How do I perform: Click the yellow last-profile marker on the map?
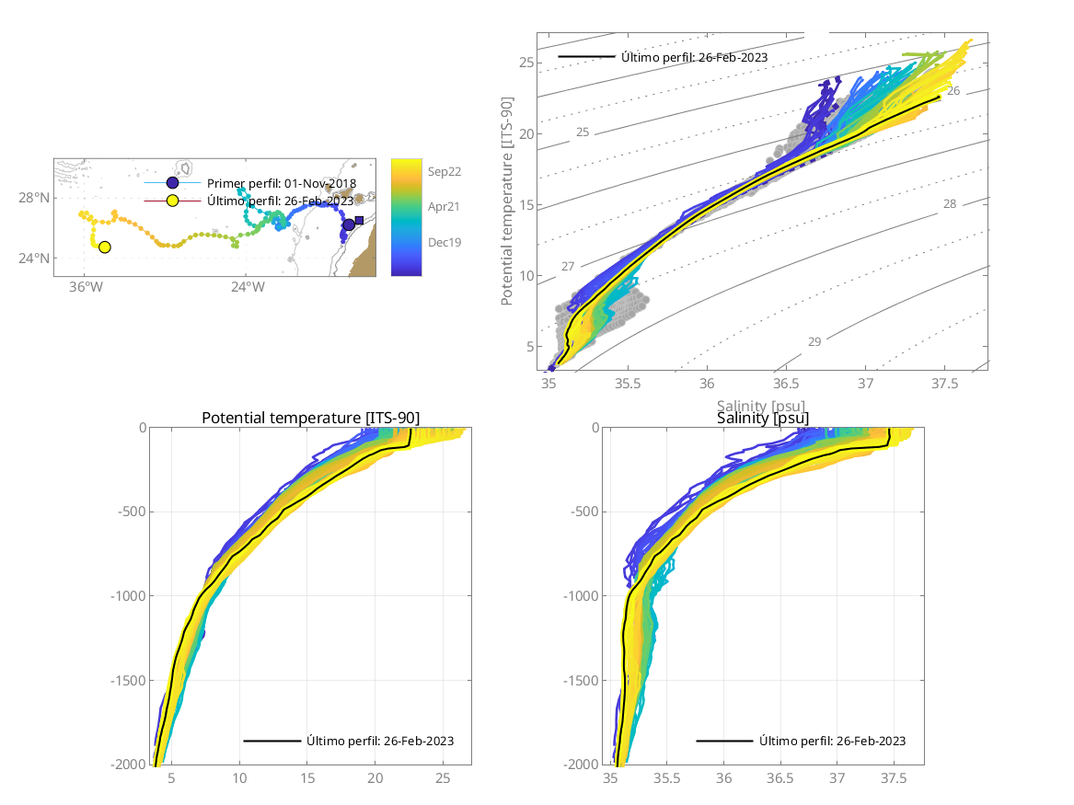pyautogui.click(x=104, y=247)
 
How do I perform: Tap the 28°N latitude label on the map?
pyautogui.click(x=35, y=198)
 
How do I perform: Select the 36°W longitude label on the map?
pyautogui.click(x=85, y=286)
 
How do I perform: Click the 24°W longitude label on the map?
pyautogui.click(x=247, y=286)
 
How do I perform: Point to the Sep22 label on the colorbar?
pyautogui.click(x=444, y=171)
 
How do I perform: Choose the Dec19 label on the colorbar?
pyautogui.click(x=444, y=242)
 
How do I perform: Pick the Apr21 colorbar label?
pyautogui.click(x=444, y=207)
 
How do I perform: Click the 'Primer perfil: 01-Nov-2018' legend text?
pyautogui.click(x=282, y=183)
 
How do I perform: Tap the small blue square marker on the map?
pyautogui.click(x=359, y=220)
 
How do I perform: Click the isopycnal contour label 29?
pyautogui.click(x=814, y=342)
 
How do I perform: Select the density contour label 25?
pyautogui.click(x=583, y=132)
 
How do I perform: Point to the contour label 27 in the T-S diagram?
pyautogui.click(x=568, y=267)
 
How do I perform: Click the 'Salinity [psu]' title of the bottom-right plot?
pyautogui.click(x=763, y=419)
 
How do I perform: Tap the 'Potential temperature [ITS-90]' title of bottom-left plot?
pyautogui.click(x=310, y=419)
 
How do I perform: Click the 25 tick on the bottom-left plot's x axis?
pyautogui.click(x=443, y=778)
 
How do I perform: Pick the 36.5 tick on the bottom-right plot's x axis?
pyautogui.click(x=780, y=778)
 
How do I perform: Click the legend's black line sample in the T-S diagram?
pyautogui.click(x=586, y=56)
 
